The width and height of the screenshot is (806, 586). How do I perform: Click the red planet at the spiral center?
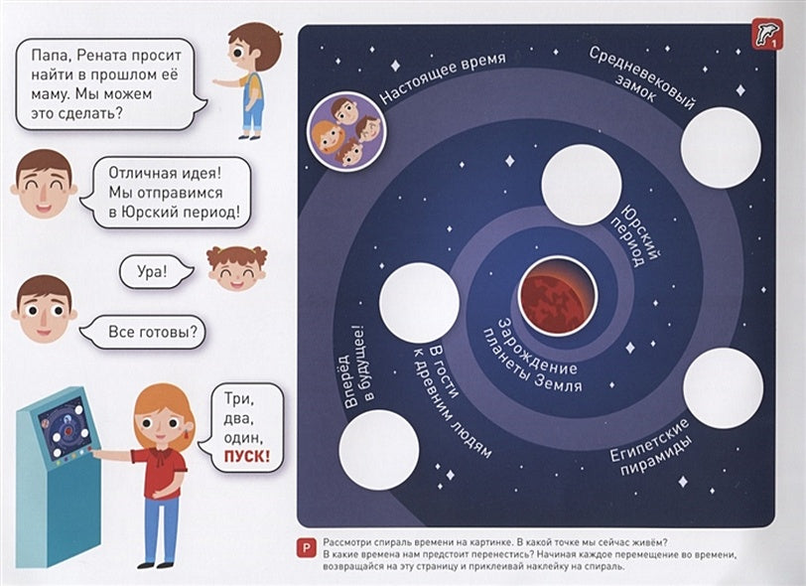click(557, 297)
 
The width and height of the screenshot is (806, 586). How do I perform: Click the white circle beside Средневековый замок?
click(720, 146)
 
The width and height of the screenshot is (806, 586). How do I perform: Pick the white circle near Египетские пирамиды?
click(723, 387)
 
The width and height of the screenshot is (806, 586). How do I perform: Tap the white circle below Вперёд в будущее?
click(378, 449)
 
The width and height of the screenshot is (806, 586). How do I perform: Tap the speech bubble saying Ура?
click(154, 269)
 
